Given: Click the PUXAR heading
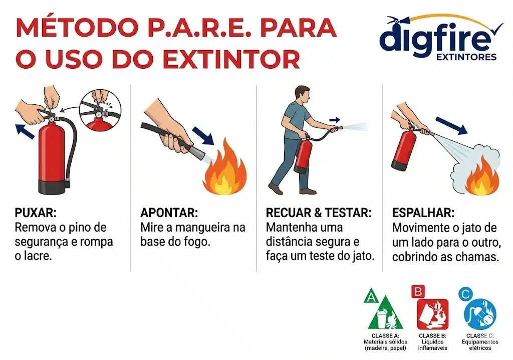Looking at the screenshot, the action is [x=36, y=213].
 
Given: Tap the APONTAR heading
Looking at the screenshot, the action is [x=169, y=213].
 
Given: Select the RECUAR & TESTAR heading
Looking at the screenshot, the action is [x=319, y=213].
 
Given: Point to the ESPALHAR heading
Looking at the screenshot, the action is [x=423, y=213].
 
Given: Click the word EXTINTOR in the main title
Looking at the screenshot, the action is [x=231, y=59].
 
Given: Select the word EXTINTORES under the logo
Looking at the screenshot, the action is [x=466, y=57].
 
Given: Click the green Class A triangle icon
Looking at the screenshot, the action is [x=385, y=312].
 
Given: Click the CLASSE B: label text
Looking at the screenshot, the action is [x=432, y=336].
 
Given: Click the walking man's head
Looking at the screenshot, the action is [x=302, y=96].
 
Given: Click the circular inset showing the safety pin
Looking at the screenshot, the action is [x=100, y=111].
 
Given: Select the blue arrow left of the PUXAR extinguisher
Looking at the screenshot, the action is [x=25, y=131].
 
